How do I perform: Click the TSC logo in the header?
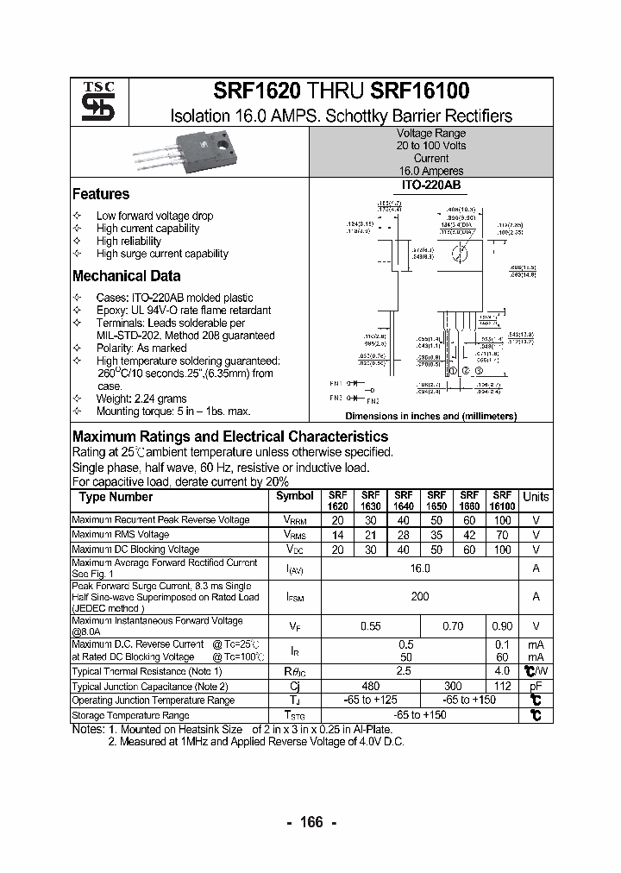coord(91,102)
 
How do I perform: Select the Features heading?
coord(101,194)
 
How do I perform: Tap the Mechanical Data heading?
coord(126,276)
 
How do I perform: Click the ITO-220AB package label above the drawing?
coord(430,185)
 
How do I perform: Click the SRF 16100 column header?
coord(502,501)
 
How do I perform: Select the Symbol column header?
coord(295,496)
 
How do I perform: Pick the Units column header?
coord(536,497)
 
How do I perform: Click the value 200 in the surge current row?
coord(419,596)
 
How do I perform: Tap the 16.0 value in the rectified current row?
coord(419,568)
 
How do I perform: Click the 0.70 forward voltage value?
coord(451,626)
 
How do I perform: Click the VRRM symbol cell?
coord(295,520)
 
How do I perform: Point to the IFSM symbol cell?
coord(295,596)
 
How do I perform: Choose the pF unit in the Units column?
coord(536,687)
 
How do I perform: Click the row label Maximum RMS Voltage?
coord(120,535)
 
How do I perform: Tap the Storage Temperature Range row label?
coord(130,715)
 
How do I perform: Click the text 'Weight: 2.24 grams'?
coord(141,399)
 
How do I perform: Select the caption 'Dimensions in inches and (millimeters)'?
coord(430,416)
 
